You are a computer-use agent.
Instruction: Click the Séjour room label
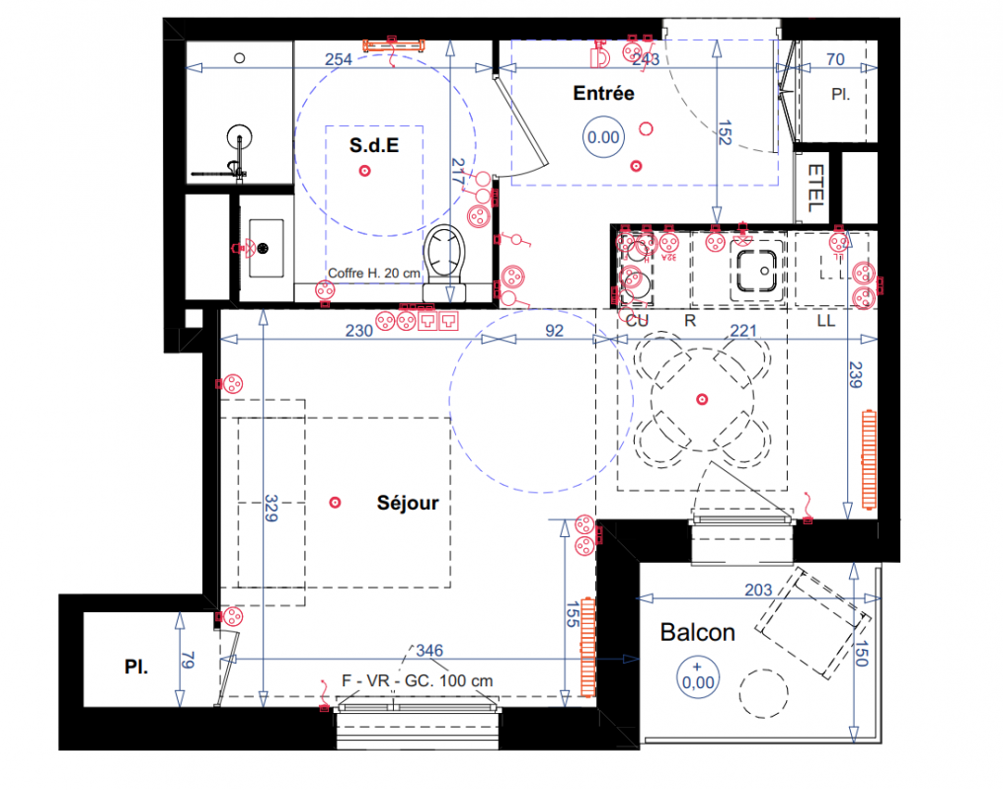pos(408,503)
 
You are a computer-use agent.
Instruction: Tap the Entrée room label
pos(603,94)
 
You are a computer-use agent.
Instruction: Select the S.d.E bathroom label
pos(374,145)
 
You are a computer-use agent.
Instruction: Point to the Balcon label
pos(697,632)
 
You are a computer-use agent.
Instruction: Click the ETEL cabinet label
pos(815,188)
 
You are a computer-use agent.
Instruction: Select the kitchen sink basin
pos(757,271)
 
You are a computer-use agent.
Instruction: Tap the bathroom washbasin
pos(266,248)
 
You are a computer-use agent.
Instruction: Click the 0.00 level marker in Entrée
pos(603,137)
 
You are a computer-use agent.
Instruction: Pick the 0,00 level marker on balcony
pos(698,677)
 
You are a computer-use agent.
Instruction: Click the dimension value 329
pos(271,508)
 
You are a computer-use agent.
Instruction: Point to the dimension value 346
pos(429,651)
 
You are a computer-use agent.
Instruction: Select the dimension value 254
pos(339,59)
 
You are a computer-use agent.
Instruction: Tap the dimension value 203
pos(758,590)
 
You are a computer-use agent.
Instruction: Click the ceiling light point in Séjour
pos(335,503)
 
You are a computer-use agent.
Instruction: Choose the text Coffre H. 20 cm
pos(374,274)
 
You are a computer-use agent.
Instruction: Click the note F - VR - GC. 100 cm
pos(417,680)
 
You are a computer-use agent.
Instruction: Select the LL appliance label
pos(826,321)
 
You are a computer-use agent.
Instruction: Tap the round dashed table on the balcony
pos(764,694)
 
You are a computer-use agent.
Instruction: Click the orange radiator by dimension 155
pos(587,648)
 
